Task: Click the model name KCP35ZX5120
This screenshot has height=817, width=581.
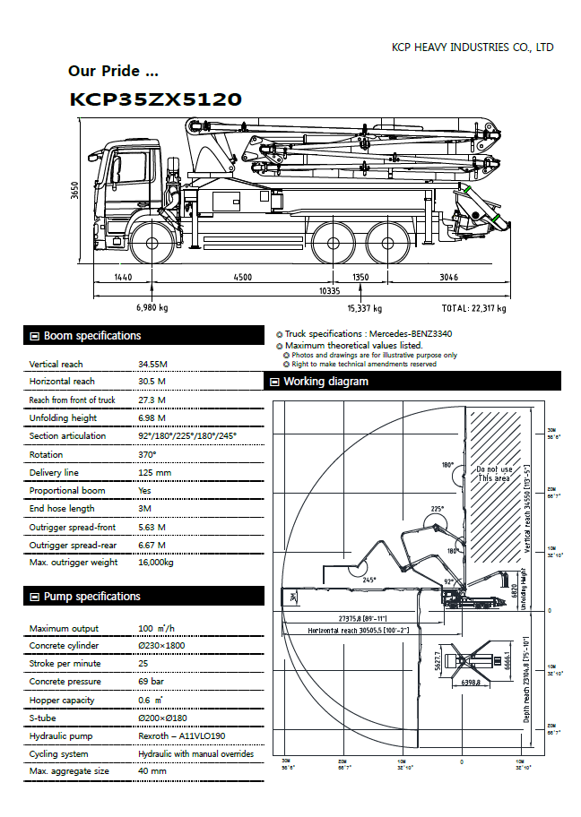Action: click(x=155, y=99)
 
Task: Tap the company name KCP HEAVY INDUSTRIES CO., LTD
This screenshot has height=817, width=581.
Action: click(x=473, y=47)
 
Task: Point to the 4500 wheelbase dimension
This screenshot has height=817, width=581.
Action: click(x=242, y=278)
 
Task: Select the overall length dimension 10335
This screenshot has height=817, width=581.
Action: click(x=329, y=291)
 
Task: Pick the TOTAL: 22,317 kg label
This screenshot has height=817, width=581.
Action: click(x=474, y=308)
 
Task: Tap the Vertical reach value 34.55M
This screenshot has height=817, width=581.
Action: click(x=152, y=365)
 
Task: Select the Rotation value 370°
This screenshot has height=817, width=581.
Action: click(x=147, y=454)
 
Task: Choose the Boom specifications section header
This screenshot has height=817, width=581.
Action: click(x=91, y=336)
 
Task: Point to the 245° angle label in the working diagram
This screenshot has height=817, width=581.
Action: click(x=369, y=579)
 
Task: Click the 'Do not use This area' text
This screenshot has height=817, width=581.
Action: click(x=493, y=474)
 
